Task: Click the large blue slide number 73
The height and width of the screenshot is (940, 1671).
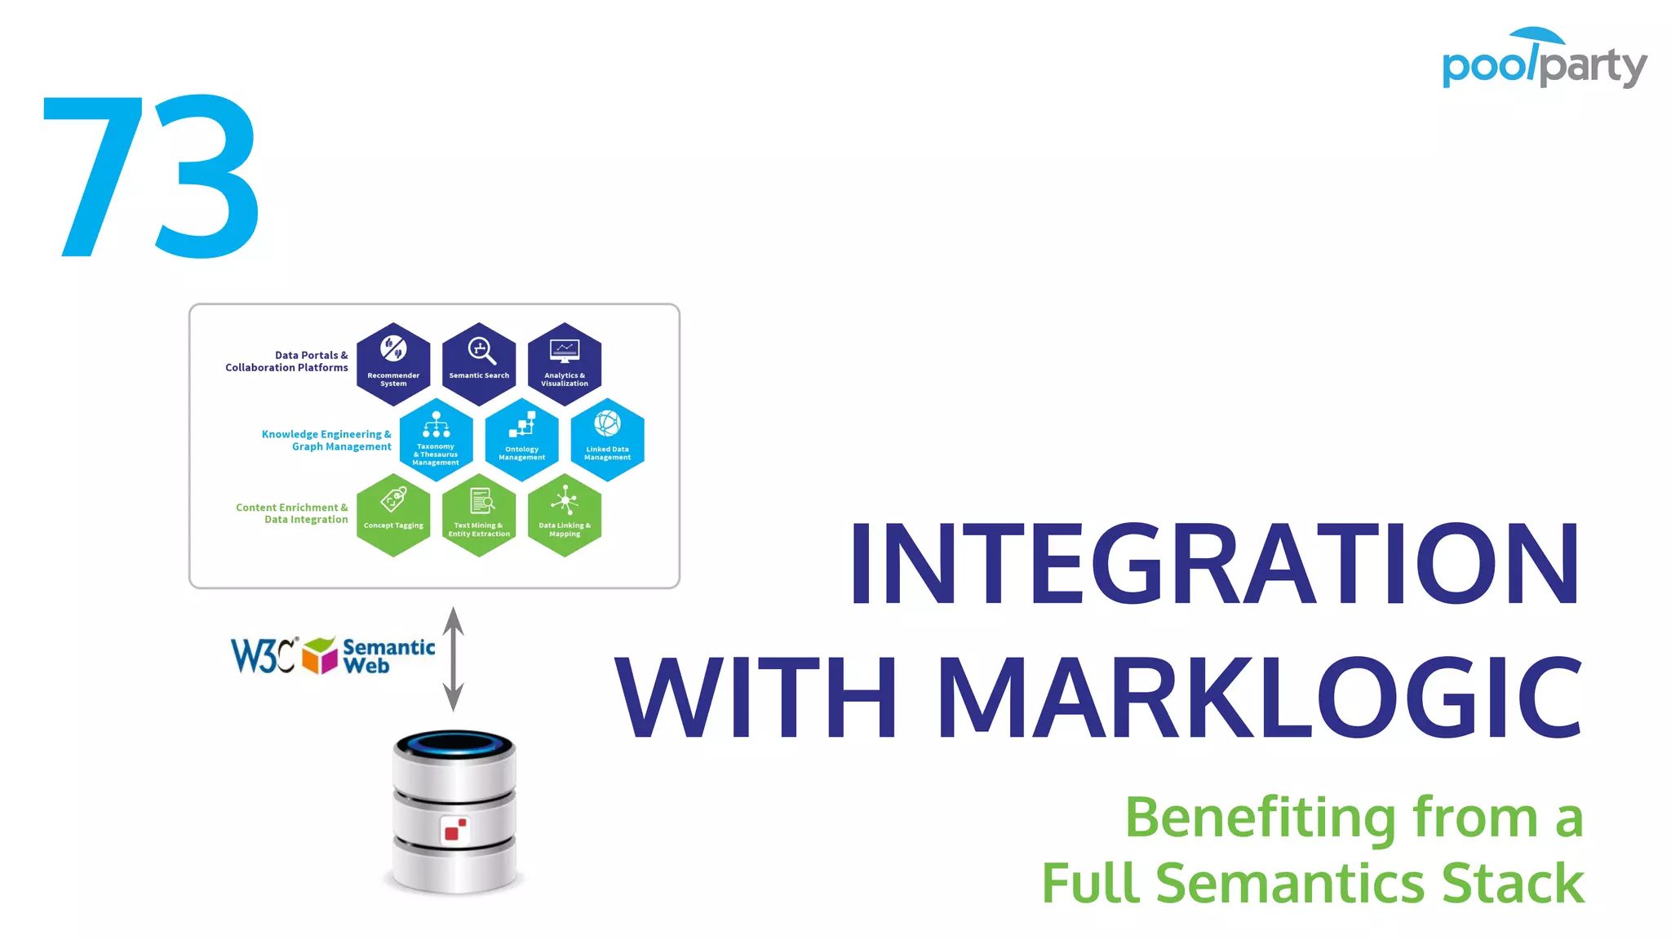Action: point(152,176)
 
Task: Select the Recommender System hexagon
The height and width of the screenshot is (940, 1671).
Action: point(393,364)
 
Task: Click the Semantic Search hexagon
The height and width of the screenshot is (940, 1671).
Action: point(479,364)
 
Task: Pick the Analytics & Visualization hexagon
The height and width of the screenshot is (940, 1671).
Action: point(565,364)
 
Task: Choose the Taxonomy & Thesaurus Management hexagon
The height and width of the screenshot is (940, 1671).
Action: point(436,440)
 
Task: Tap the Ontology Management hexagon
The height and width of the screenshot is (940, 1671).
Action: point(521,440)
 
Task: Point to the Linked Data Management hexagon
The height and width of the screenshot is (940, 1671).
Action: point(607,440)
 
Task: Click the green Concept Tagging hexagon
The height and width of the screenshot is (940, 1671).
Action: point(393,515)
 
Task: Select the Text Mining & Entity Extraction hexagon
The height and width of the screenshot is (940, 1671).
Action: point(479,515)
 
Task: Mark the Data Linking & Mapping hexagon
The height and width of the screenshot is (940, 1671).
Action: point(565,515)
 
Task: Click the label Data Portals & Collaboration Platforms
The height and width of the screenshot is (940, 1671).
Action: point(287,361)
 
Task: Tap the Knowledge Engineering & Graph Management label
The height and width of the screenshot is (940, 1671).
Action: point(326,441)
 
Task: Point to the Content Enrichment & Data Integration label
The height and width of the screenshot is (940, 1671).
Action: point(292,513)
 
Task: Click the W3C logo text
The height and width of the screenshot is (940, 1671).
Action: point(263,655)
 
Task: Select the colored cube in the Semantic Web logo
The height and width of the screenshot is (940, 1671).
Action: point(320,655)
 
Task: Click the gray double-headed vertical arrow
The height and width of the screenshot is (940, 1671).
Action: point(454,658)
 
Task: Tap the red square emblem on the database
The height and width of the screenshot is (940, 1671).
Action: point(455,830)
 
